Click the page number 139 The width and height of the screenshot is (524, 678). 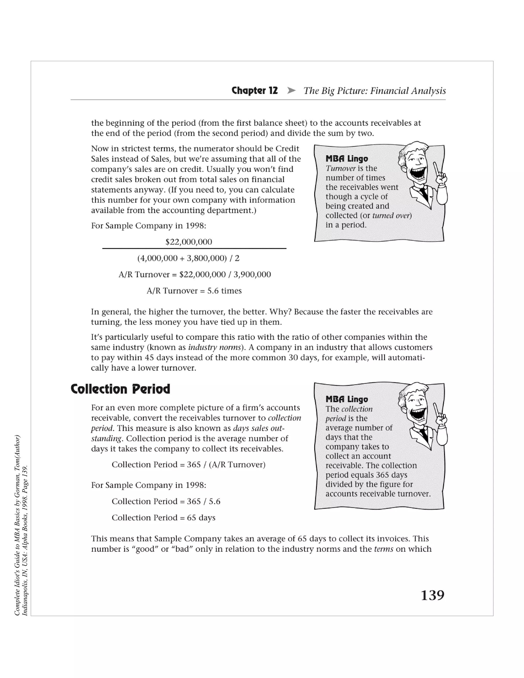[x=432, y=595]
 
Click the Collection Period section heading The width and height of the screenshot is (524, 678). [x=121, y=389]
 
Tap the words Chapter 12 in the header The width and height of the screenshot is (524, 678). [x=255, y=90]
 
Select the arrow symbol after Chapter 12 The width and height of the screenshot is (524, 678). [x=291, y=90]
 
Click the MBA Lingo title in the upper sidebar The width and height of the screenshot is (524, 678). [x=346, y=159]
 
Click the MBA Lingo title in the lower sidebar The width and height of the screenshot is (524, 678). [x=346, y=399]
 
